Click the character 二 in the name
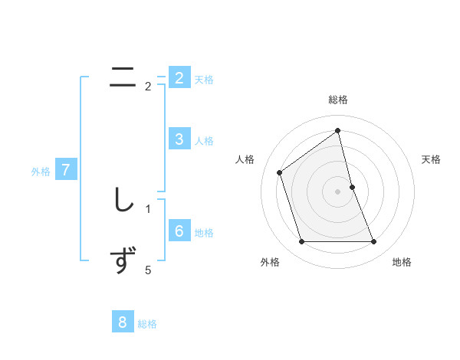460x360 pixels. tap(123, 77)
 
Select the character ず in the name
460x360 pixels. tap(123, 260)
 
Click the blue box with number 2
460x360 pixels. tap(179, 78)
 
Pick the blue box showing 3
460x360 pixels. tap(179, 139)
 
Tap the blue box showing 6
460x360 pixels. tap(179, 231)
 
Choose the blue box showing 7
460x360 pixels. tap(66, 170)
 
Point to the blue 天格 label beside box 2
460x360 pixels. tap(204, 80)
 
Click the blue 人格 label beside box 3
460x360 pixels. tap(204, 141)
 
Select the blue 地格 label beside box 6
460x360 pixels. tap(204, 233)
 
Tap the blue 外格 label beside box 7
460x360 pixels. tap(41, 172)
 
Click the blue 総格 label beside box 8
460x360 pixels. tap(147, 324)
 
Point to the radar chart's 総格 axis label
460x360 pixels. tap(338, 100)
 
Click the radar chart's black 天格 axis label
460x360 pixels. tap(432, 159)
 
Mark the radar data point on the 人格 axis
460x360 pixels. tap(280, 172)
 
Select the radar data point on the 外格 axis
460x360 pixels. tap(301, 241)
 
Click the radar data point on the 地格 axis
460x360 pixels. tap(374, 241)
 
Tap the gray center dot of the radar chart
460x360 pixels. tap(338, 191)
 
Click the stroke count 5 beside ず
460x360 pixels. tap(148, 270)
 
